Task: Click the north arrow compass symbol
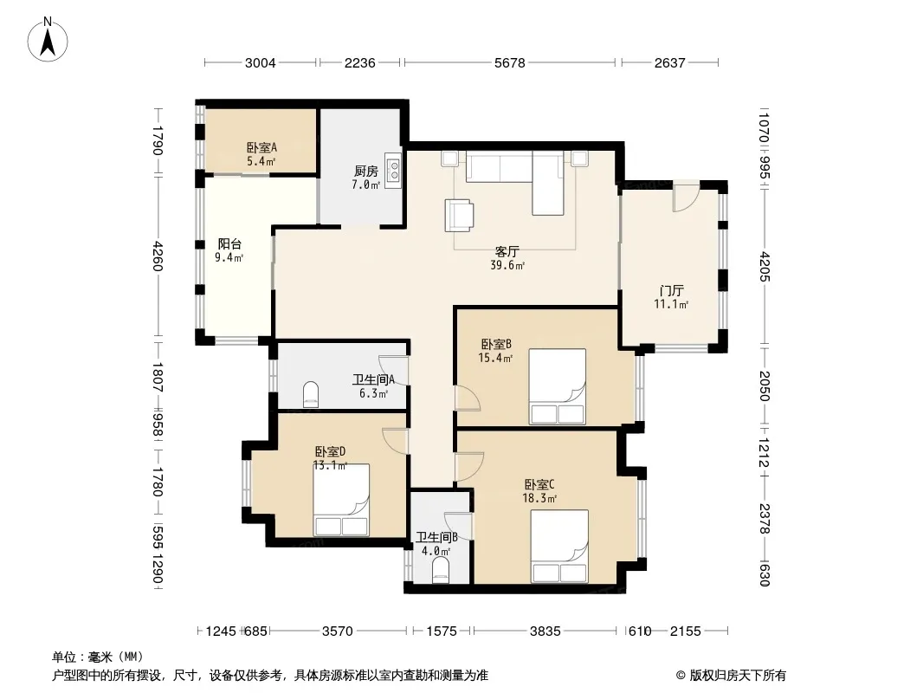click(x=48, y=40)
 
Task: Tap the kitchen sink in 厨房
click(x=392, y=171)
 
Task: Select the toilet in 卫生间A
click(x=311, y=394)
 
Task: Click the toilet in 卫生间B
click(x=441, y=571)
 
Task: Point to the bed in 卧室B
click(x=557, y=386)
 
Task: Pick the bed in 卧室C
click(x=559, y=547)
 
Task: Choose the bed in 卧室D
click(x=341, y=500)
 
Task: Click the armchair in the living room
click(x=459, y=214)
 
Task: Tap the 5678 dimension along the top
click(x=509, y=62)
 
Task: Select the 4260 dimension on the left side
click(x=158, y=256)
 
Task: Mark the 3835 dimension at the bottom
click(x=545, y=631)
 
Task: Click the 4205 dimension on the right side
click(x=764, y=266)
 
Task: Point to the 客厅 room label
click(x=507, y=252)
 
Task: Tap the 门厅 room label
click(x=671, y=291)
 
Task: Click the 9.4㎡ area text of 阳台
click(x=229, y=257)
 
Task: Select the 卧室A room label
click(x=261, y=148)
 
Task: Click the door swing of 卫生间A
click(x=394, y=371)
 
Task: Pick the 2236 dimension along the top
click(x=359, y=62)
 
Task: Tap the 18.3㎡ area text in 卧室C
click(x=539, y=498)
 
